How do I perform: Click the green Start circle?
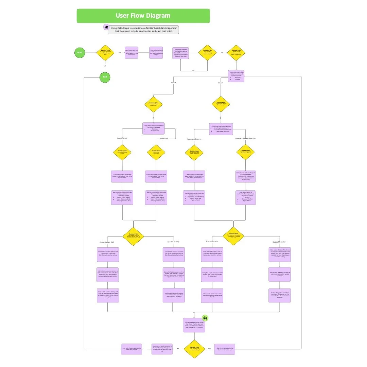[x=80, y=53]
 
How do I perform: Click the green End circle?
[x=105, y=77]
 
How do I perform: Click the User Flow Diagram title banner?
[x=143, y=16]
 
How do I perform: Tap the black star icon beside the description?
[x=106, y=27]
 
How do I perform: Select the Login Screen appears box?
[x=156, y=53]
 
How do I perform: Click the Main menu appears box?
[x=181, y=53]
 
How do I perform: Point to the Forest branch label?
[x=174, y=82]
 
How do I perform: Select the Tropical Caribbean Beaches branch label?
[x=245, y=138]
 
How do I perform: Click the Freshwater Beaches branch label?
[x=194, y=139]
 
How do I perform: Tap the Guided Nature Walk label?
[x=107, y=242]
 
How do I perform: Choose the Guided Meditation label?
[x=280, y=242]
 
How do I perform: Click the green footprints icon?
[x=205, y=318]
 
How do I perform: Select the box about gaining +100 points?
[x=194, y=325]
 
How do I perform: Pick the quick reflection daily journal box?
[x=162, y=349]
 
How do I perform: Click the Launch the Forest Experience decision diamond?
[x=154, y=104]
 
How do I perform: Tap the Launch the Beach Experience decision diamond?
[x=221, y=104]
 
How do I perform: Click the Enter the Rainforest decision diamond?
[x=156, y=152]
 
